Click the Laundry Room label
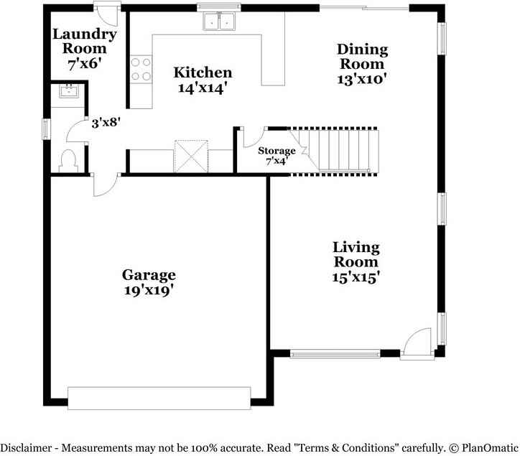coord(85,42)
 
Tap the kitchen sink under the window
coord(219,22)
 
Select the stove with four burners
coord(141,69)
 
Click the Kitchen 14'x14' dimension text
coord(203,88)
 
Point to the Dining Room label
coord(362,57)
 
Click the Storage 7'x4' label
coord(277,156)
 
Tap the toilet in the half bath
coord(68,161)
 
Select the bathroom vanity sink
coord(69,91)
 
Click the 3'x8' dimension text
coord(106,123)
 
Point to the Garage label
coord(149,275)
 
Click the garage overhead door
coord(159,398)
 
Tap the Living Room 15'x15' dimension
coord(356,277)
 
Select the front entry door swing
coord(417,343)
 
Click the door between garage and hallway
coord(105,185)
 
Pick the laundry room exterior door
coord(106,14)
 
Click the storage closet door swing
coord(254,137)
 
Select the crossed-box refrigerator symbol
coord(191,157)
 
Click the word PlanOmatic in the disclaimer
coord(490,448)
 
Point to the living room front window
coord(335,354)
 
